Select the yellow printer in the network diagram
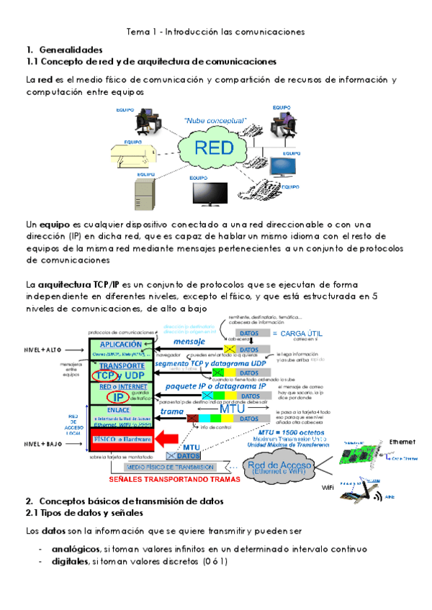pos(134,154)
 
